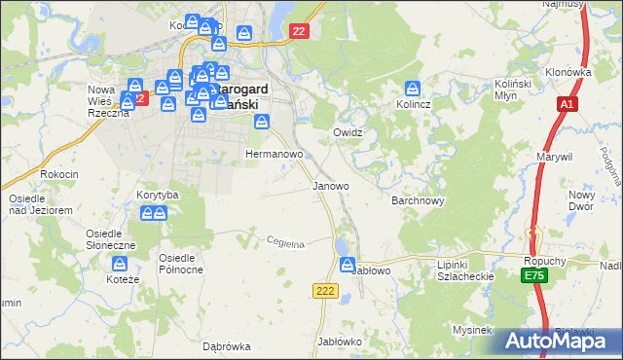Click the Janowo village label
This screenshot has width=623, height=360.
330,185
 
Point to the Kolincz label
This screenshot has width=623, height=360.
413,103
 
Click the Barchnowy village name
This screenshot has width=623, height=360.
418,201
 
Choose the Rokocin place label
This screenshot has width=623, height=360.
59,173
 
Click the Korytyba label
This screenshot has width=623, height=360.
158,195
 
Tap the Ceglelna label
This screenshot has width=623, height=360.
286,243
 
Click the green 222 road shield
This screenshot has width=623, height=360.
325,291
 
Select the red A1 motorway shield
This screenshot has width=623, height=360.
568,104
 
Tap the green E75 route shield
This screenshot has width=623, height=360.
532,277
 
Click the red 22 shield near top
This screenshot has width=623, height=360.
299,32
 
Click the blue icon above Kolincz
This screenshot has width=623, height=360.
413,87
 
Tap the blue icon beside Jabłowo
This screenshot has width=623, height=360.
348,265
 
